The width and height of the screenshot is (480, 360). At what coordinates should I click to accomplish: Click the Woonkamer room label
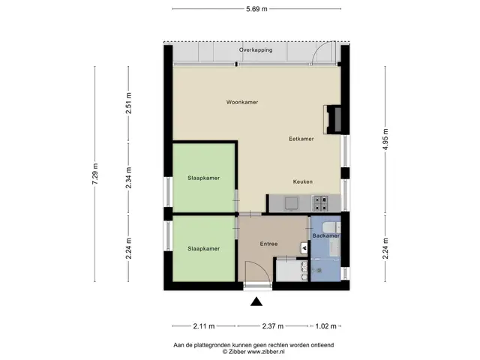[242, 102]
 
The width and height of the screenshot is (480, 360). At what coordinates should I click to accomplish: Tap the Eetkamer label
[301, 139]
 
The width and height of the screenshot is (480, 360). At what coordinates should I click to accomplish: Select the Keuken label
[303, 181]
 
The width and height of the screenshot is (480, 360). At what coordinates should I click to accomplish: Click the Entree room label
[268, 244]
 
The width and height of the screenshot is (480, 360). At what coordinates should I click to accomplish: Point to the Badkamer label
[325, 236]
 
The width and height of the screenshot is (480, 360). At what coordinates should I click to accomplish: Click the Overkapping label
[256, 50]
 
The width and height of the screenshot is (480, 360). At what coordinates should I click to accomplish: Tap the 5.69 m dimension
[256, 9]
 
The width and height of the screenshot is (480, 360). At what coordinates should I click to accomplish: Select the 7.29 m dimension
[95, 173]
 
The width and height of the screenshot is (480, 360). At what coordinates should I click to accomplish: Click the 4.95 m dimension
[385, 139]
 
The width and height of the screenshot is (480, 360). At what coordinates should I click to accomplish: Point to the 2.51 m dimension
[128, 103]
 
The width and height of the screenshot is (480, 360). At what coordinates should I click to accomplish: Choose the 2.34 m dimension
[128, 178]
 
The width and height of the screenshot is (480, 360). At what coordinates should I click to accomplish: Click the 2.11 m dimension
[204, 326]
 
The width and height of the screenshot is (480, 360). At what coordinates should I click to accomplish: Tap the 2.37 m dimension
[273, 326]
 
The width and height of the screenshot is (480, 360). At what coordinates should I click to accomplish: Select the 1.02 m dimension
[325, 326]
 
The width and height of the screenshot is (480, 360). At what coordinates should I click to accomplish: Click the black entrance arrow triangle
[256, 301]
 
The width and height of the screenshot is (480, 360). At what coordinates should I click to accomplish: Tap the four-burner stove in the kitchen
[320, 203]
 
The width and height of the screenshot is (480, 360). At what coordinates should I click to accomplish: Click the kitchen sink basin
[291, 203]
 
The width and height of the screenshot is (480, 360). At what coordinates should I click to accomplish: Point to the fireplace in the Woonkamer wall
[333, 120]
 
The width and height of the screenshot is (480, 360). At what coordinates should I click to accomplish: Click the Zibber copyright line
[253, 352]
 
